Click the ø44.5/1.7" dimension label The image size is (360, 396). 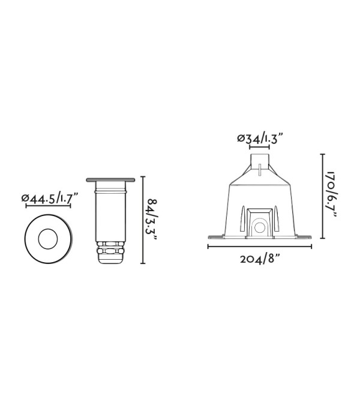[50, 198]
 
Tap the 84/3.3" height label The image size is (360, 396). [152, 220]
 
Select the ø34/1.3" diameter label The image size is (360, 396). [259, 139]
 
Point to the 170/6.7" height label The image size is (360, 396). [331, 196]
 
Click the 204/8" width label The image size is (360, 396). [260, 259]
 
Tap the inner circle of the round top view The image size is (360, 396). [48, 239]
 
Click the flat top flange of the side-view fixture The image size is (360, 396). [110, 180]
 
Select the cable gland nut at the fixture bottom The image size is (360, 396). [110, 251]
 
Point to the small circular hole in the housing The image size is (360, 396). [259, 228]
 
